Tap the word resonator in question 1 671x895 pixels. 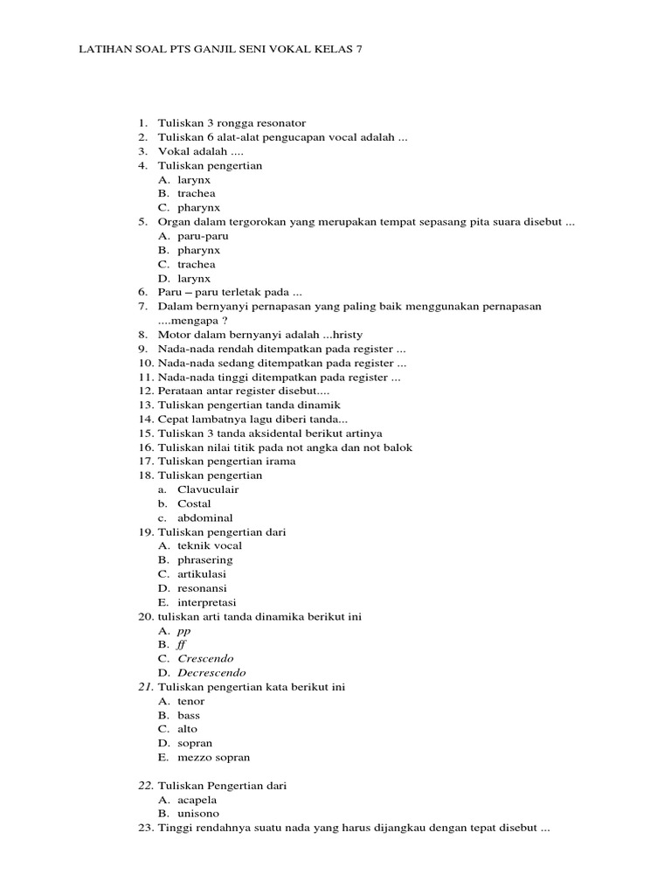point(280,123)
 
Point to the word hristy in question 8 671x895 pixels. point(344,335)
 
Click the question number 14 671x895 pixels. point(145,419)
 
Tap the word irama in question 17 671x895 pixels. point(280,461)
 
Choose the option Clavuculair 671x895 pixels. point(208,489)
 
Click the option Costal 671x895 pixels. point(194,503)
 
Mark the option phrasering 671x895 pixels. point(204,559)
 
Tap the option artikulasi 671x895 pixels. point(202,573)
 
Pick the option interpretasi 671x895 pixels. point(206,602)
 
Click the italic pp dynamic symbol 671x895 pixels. point(183,631)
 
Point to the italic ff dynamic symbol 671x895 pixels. point(183,644)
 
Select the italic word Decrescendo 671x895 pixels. point(211,673)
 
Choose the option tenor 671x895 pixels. point(191,701)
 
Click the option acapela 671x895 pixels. point(197,800)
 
